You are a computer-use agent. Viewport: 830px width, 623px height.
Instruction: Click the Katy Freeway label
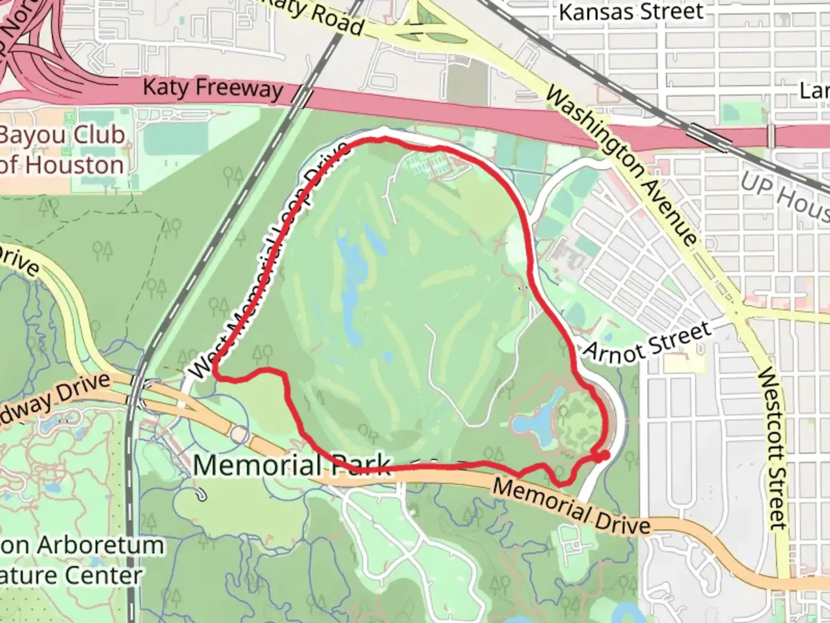click(x=213, y=88)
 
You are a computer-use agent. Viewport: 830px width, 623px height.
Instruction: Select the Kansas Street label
click(x=631, y=12)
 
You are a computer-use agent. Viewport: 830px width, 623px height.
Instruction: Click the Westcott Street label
click(x=772, y=448)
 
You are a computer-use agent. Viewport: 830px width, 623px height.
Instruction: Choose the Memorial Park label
click(x=292, y=465)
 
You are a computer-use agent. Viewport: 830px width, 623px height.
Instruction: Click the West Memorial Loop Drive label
click(x=269, y=262)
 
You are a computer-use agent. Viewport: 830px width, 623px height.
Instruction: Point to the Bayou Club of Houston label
click(x=62, y=150)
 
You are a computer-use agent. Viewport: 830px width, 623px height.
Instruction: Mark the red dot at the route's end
click(x=603, y=456)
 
